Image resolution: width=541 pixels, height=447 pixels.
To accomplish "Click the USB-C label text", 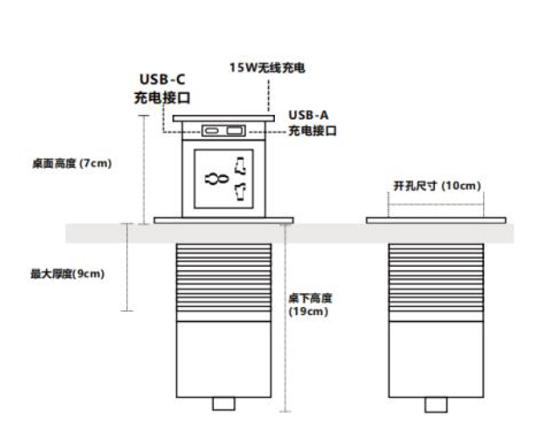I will [x=162, y=81].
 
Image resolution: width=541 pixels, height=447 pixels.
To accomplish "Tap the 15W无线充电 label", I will [x=267, y=67].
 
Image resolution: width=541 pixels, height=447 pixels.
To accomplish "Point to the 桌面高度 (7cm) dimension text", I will [x=72, y=164].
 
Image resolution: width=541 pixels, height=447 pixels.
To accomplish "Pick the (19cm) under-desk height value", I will [x=309, y=311].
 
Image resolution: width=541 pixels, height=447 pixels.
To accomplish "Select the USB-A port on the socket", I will [x=234, y=131].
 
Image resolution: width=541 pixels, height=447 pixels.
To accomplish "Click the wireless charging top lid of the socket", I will [x=223, y=118].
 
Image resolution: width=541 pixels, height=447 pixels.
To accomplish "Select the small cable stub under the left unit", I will [x=223, y=404].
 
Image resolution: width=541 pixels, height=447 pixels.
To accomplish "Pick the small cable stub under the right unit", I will [x=436, y=404].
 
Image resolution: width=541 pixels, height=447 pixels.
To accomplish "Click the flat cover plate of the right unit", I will [x=436, y=220].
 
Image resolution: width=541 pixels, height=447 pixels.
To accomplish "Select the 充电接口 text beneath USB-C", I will [x=162, y=98].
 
